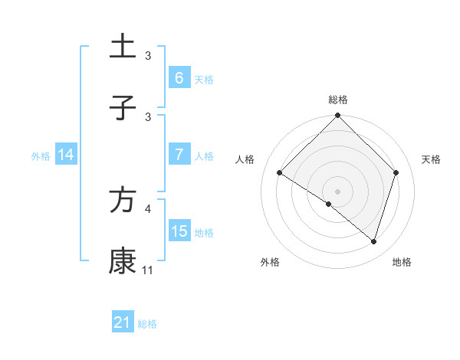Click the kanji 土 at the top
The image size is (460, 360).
tap(123, 46)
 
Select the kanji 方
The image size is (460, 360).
tap(123, 200)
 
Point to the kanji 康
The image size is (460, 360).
tap(123, 261)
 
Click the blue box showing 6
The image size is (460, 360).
tap(179, 77)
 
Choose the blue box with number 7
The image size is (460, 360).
tap(179, 155)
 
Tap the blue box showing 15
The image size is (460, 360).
tap(179, 231)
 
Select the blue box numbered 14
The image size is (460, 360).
tap(65, 155)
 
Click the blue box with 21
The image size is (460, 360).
tap(122, 322)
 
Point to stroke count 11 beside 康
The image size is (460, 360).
tap(148, 270)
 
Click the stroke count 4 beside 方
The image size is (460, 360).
tap(148, 208)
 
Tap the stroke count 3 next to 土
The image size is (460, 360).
tap(148, 55)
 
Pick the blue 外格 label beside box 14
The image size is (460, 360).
tap(41, 155)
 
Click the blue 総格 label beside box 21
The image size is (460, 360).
tap(147, 324)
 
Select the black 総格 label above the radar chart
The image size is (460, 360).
tap(338, 100)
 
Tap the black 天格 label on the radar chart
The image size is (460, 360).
tap(432, 159)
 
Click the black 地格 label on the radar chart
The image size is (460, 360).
tap(402, 262)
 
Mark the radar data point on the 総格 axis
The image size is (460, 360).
tap(338, 117)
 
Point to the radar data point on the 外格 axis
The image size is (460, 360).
tap(329, 204)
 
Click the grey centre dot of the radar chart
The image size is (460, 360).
tap(338, 191)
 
